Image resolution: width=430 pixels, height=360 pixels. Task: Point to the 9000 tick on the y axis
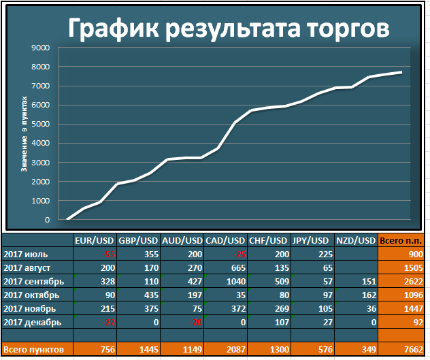pos(41,48)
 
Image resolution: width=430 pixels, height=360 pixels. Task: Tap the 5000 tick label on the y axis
pos(41,125)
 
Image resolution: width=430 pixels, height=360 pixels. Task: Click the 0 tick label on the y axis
pos(48,220)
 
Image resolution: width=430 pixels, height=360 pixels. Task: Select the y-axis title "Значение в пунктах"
pos(24,133)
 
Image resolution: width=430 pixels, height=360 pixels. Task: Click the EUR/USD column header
pos(94,241)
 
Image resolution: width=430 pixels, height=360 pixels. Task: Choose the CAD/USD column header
pos(225,241)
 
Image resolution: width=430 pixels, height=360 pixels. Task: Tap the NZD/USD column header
pos(356,241)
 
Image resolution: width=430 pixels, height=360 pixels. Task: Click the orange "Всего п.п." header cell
pos(400,241)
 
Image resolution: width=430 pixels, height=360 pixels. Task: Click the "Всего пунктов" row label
pos(34,350)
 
